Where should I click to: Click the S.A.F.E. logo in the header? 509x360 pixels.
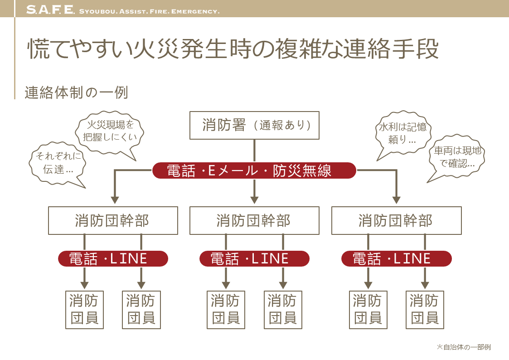50,10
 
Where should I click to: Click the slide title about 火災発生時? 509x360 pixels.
233,49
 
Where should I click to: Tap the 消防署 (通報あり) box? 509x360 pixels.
254,125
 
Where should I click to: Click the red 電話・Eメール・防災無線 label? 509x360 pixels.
254,171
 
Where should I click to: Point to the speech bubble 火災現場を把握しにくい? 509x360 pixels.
110,131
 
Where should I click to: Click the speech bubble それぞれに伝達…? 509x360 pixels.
55,163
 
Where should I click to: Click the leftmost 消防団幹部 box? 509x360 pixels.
112,221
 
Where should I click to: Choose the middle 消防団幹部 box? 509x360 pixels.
254,221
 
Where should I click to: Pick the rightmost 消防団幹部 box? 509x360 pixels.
396,221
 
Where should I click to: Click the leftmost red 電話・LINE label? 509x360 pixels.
113,259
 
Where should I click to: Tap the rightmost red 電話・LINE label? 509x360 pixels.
396,259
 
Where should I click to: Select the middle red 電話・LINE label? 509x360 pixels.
254,259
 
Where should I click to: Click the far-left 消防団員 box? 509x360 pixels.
84,310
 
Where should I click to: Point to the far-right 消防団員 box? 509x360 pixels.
425,310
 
